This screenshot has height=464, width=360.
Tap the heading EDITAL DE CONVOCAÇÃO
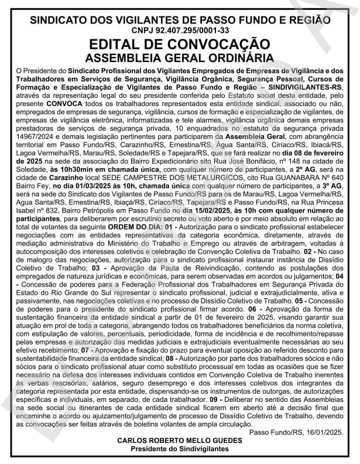[x=180, y=45]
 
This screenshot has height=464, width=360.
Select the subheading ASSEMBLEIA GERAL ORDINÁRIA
[x=180, y=57]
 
